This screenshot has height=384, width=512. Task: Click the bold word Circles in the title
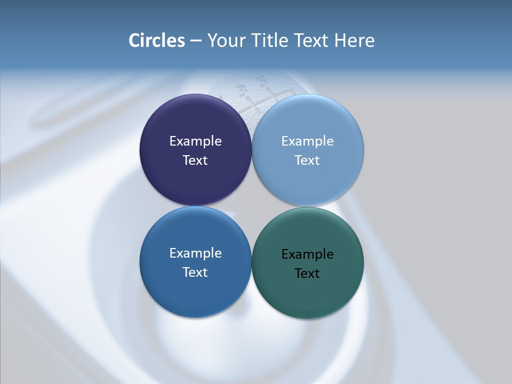pos(157,41)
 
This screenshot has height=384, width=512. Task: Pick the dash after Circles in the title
pos(195,41)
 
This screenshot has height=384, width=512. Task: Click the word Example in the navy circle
pos(195,141)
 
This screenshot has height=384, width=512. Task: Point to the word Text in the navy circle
pos(195,161)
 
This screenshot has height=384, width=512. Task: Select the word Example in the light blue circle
pos(308,141)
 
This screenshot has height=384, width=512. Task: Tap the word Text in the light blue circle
pos(308,161)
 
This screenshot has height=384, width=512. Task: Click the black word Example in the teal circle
pos(308,254)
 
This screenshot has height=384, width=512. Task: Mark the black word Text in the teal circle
pos(308,274)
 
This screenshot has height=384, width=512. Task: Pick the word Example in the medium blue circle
pos(195,253)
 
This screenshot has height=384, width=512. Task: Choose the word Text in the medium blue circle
pos(195,273)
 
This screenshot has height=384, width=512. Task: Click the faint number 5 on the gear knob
pos(261,81)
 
